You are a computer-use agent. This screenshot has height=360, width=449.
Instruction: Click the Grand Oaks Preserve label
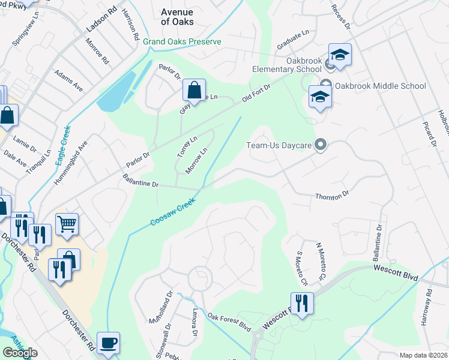click(x=182, y=41)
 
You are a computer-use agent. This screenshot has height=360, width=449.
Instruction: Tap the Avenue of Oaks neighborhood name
click(x=177, y=16)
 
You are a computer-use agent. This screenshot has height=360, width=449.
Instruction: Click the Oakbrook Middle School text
click(x=380, y=86)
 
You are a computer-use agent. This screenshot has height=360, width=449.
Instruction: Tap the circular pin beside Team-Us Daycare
click(x=321, y=145)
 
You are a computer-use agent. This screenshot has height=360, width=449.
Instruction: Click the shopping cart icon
click(x=67, y=224)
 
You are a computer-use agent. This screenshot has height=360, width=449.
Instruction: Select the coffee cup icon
click(x=108, y=343)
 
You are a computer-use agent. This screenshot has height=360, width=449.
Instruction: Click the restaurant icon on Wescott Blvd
click(x=302, y=302)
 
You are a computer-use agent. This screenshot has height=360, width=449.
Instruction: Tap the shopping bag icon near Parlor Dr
click(x=194, y=91)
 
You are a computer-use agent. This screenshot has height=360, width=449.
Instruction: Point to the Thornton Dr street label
click(x=332, y=196)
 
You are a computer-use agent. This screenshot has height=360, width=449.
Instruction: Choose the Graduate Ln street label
click(x=292, y=41)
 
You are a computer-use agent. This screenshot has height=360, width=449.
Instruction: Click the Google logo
click(x=20, y=353)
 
